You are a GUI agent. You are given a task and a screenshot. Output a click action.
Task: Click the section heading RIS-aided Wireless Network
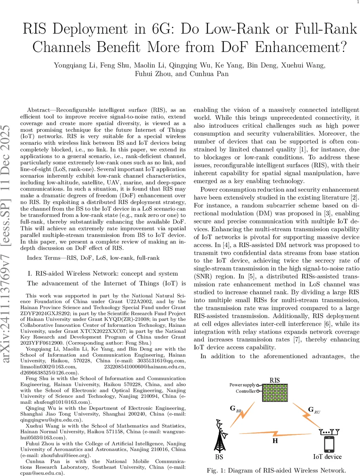(x=111, y=273)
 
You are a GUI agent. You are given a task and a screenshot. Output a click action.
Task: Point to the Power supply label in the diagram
(x=243, y=385)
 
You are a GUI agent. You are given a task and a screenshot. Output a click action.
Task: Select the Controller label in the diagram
(x=246, y=391)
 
